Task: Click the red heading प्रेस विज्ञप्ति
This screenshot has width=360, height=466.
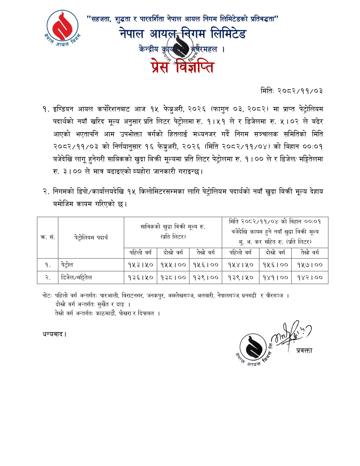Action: [x=182, y=67]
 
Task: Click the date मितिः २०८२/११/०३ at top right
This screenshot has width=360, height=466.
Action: [x=292, y=91]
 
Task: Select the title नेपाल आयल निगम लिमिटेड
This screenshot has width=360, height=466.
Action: [x=183, y=34]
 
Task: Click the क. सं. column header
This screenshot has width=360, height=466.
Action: [x=47, y=237]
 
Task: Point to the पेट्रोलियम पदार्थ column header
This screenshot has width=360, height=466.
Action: [x=91, y=237]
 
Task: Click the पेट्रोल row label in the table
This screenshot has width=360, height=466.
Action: [x=67, y=265]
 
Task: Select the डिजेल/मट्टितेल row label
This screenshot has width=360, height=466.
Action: [x=77, y=277]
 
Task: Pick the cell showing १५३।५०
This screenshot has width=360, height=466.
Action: [x=140, y=265]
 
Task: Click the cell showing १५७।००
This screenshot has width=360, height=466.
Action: [x=310, y=265]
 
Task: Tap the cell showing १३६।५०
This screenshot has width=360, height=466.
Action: [x=140, y=277]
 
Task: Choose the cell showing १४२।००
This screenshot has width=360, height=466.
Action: [x=310, y=277]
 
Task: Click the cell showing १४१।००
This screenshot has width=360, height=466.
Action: [x=275, y=277]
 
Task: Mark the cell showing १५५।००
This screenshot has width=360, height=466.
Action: [x=173, y=265]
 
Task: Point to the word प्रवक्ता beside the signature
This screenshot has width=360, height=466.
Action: [x=304, y=350]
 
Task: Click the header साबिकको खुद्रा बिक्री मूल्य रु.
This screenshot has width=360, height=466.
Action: [x=173, y=227]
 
